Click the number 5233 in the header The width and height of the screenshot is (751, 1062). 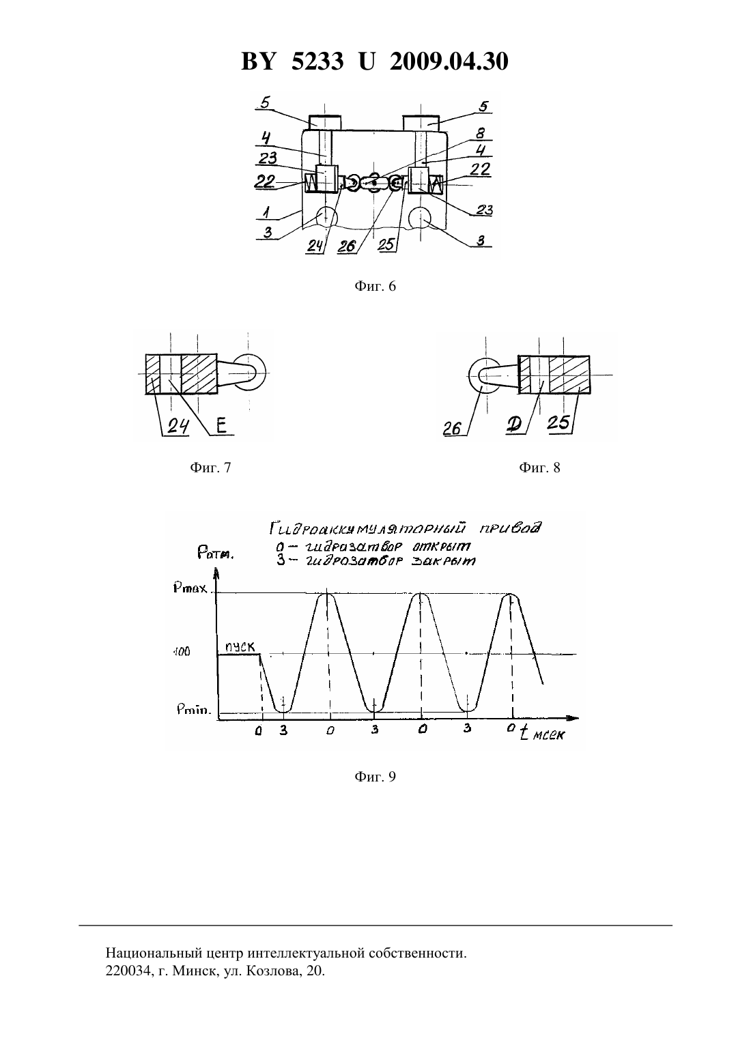(317, 61)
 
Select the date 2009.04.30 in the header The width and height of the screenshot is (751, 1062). (449, 61)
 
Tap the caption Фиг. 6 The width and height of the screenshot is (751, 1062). (375, 287)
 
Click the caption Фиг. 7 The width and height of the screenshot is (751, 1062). (210, 468)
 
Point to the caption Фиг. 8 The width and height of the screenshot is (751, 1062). (539, 468)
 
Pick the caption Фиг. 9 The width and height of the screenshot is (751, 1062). (375, 777)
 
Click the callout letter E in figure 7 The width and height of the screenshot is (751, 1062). (221, 426)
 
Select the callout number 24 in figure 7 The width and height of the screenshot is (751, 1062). (178, 427)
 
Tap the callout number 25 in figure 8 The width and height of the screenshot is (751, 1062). (558, 423)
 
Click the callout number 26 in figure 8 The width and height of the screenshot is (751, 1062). (452, 428)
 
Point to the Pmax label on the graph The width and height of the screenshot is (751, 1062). (190, 589)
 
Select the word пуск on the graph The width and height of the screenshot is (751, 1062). (240, 646)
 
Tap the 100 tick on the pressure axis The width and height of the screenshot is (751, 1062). (182, 652)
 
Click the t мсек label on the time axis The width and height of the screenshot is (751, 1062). (542, 734)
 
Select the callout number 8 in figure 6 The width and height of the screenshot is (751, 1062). (480, 133)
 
